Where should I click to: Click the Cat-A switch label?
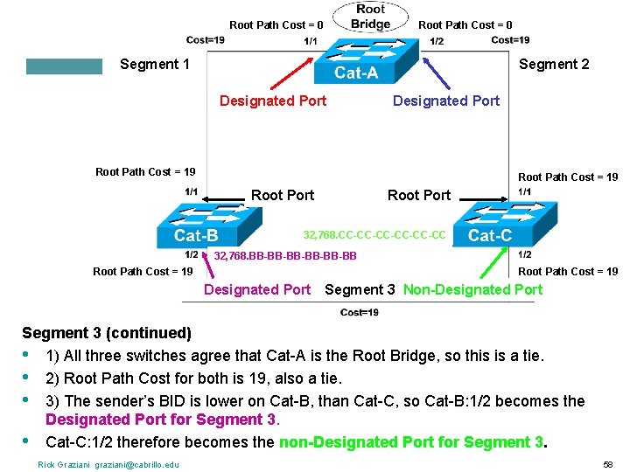tap(356, 73)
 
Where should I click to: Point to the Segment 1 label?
tap(154, 64)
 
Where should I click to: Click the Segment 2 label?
tap(554, 64)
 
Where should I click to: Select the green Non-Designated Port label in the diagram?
tap(472, 289)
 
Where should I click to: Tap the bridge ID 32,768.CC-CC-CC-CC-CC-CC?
tap(374, 235)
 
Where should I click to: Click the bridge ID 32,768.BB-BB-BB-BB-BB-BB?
tap(285, 255)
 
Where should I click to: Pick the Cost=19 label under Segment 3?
tap(359, 313)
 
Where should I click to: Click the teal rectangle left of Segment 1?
tap(64, 66)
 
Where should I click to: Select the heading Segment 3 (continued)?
tap(107, 333)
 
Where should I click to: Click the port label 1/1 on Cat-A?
tap(311, 41)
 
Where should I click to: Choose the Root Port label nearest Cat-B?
tap(283, 195)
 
